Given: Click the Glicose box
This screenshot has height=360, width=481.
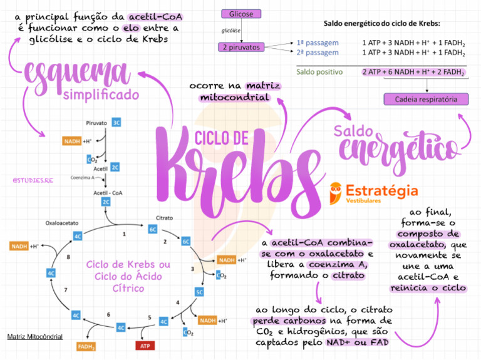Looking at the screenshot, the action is click(241, 14).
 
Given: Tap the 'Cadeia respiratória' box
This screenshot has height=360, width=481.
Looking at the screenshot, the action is click(427, 99).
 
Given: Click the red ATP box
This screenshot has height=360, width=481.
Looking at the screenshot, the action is click(145, 346).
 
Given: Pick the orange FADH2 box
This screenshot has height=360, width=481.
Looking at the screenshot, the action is click(86, 346).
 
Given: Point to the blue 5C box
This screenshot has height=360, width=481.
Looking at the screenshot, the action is click(199, 292).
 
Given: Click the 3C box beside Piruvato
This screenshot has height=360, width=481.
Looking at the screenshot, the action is click(116, 123).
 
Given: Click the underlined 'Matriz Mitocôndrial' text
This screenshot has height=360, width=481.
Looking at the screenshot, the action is click(34, 337).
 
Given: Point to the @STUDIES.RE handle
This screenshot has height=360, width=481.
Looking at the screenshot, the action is click(33, 180).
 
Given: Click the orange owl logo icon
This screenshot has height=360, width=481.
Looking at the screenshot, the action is click(336, 193).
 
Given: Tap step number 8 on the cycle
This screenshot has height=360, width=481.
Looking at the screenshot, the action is click(68, 257).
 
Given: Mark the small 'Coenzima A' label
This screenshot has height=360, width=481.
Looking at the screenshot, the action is click(83, 177).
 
